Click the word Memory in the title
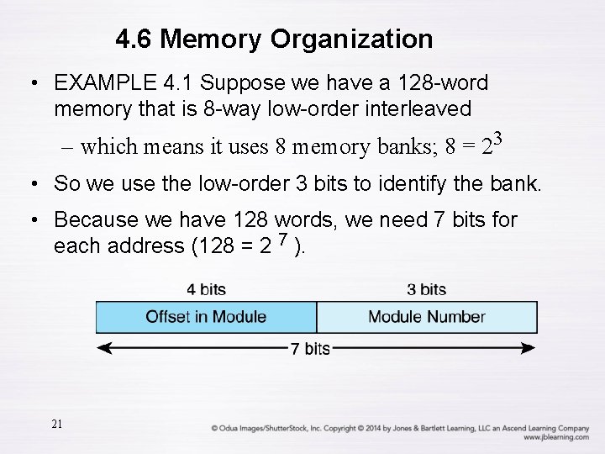click(213, 39)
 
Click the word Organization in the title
click(352, 39)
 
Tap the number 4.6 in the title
click(134, 39)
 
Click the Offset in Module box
click(206, 317)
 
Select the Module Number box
click(427, 317)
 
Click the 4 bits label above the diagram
click(206, 290)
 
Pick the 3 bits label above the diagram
click(426, 290)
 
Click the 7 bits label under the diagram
click(309, 349)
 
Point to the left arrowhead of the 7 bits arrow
click(103, 348)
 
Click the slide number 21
click(56, 425)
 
